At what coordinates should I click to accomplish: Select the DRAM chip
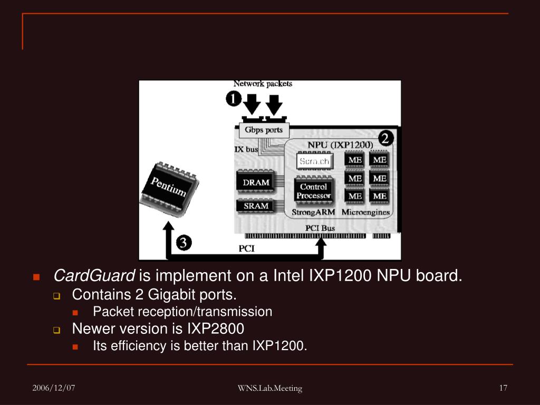pos(256,182)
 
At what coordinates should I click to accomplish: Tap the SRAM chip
pos(256,206)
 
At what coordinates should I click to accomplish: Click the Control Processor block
pos(313,191)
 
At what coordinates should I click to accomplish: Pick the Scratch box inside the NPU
pos(314,161)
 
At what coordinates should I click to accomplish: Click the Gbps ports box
pos(264,130)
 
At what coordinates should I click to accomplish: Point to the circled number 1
pos(234,99)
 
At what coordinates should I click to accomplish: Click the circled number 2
pos(385,139)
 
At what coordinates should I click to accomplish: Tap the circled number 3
pos(183,243)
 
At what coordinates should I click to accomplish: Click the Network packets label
pos(263,83)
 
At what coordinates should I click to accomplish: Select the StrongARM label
pos(313,213)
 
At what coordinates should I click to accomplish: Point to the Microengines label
pos(365,213)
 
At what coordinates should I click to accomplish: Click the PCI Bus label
pos(320,228)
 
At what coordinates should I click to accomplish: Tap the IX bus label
pos(246,149)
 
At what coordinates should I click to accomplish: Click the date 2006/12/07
pos(53,388)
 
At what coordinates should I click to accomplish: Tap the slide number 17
pos(503,388)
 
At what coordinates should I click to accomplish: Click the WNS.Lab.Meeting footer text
pos(269,389)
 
